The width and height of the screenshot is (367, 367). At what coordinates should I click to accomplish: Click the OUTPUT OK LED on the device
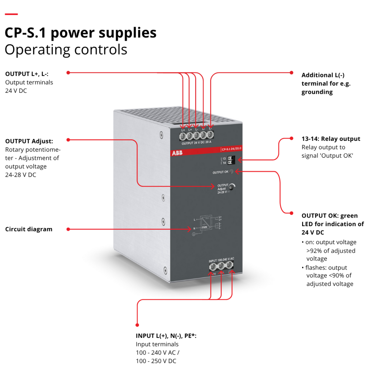pos(231,172)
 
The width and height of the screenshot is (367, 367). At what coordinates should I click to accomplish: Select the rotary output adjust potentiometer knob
pos(232,187)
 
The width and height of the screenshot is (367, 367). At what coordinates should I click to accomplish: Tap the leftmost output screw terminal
pos(183,135)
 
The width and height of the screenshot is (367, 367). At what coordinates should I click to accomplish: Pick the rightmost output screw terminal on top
pos(210,135)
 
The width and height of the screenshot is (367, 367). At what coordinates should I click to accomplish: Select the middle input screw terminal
pos(221,266)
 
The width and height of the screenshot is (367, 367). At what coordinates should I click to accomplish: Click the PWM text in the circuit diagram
pos(204,227)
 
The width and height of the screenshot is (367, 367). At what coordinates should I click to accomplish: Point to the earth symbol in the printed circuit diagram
pos(194,234)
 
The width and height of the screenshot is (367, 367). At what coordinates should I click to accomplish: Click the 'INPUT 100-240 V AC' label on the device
pos(221,259)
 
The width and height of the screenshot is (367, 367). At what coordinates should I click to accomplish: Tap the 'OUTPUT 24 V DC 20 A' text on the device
pos(196,143)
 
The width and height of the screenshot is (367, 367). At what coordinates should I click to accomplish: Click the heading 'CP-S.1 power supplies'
pos(81,33)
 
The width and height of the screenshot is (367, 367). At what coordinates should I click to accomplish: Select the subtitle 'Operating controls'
pos(66,49)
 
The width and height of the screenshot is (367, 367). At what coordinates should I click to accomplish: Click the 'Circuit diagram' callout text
pos(29,229)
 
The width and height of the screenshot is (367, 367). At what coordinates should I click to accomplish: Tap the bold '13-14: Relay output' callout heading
pos(331,139)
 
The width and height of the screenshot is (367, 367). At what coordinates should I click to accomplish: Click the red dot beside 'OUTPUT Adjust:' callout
pos(68,139)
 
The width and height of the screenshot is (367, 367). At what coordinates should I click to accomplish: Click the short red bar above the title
pos(11,14)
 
